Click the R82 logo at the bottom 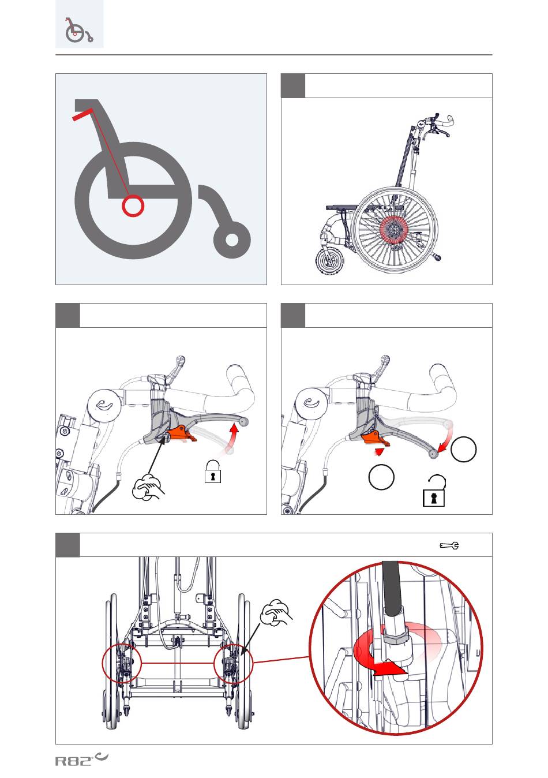(82, 759)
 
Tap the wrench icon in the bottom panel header (449, 545)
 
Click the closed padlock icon (213, 472)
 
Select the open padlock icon (434, 491)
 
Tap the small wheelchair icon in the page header (79, 30)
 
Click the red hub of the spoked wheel (395, 229)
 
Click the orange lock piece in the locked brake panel (181, 433)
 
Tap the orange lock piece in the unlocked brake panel (375, 438)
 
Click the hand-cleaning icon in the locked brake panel (148, 487)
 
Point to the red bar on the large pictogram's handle (82, 115)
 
